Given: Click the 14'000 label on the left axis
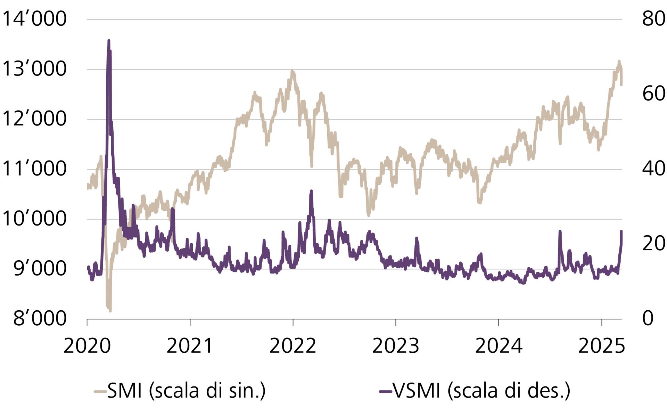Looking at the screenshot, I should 34,19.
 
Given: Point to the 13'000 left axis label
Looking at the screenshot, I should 34,69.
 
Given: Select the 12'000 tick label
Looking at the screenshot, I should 34,119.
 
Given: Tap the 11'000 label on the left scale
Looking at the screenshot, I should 34,169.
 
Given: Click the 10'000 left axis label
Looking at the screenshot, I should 34,219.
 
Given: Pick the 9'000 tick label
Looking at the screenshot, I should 40,269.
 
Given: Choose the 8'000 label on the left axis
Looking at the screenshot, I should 40,318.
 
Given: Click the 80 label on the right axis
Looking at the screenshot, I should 653,19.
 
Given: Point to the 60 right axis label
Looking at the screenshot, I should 653,94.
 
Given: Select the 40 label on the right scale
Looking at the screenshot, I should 653,169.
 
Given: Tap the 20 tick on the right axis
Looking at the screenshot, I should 653,244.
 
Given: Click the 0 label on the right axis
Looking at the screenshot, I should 648,318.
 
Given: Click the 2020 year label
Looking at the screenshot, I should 87,346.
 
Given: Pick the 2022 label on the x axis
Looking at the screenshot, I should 293,346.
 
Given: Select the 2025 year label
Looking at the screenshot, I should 601,346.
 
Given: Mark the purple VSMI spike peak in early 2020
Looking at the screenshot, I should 109,41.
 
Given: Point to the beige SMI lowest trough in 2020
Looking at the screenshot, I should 110,310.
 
